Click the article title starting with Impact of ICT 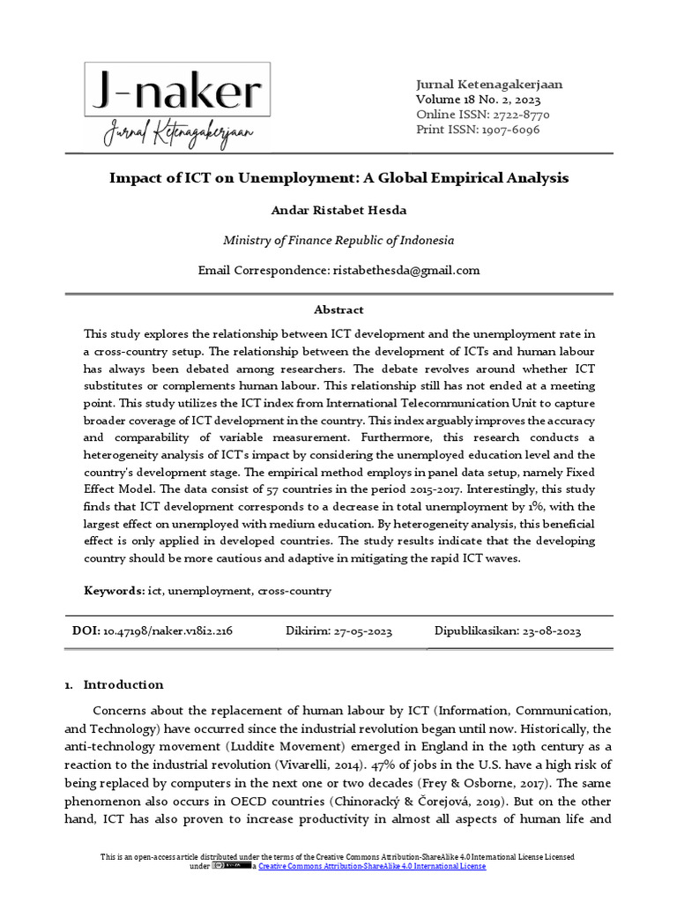pos(338,178)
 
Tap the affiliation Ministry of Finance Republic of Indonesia pos(338,240)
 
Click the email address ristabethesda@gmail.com pos(405,270)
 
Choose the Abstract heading pos(338,310)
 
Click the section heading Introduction pos(123,684)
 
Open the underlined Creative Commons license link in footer pos(371,867)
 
